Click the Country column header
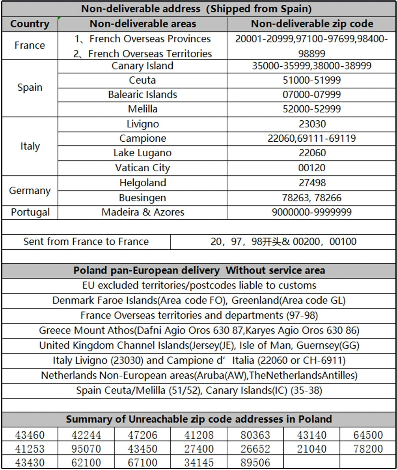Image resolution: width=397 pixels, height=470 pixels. click(x=30, y=24)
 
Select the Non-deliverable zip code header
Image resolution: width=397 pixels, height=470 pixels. click(x=312, y=24)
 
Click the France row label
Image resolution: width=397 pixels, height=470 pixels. click(x=30, y=45)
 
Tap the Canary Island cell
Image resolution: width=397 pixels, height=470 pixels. click(x=142, y=66)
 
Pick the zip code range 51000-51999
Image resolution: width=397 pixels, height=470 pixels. click(x=312, y=81)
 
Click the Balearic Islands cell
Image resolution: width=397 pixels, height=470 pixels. click(x=142, y=95)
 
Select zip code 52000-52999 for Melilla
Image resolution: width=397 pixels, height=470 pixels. click(x=312, y=109)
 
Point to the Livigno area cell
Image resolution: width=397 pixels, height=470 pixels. click(x=142, y=124)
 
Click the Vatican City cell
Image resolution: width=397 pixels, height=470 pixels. click(x=142, y=168)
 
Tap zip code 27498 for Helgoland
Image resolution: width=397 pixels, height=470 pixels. click(x=312, y=183)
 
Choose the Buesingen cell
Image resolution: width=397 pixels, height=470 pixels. click(x=142, y=198)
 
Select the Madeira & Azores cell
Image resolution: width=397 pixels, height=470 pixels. click(x=142, y=212)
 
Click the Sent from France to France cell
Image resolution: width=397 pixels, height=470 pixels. click(x=86, y=242)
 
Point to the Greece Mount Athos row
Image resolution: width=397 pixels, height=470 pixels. click(x=199, y=330)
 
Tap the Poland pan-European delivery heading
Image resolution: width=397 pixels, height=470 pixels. click(x=199, y=270)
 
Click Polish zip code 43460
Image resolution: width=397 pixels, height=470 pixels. click(x=30, y=435)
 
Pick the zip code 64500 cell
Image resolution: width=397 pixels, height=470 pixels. click(x=368, y=435)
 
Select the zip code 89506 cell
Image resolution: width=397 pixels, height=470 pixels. click(x=255, y=462)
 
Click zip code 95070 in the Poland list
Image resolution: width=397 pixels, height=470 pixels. click(x=86, y=449)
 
